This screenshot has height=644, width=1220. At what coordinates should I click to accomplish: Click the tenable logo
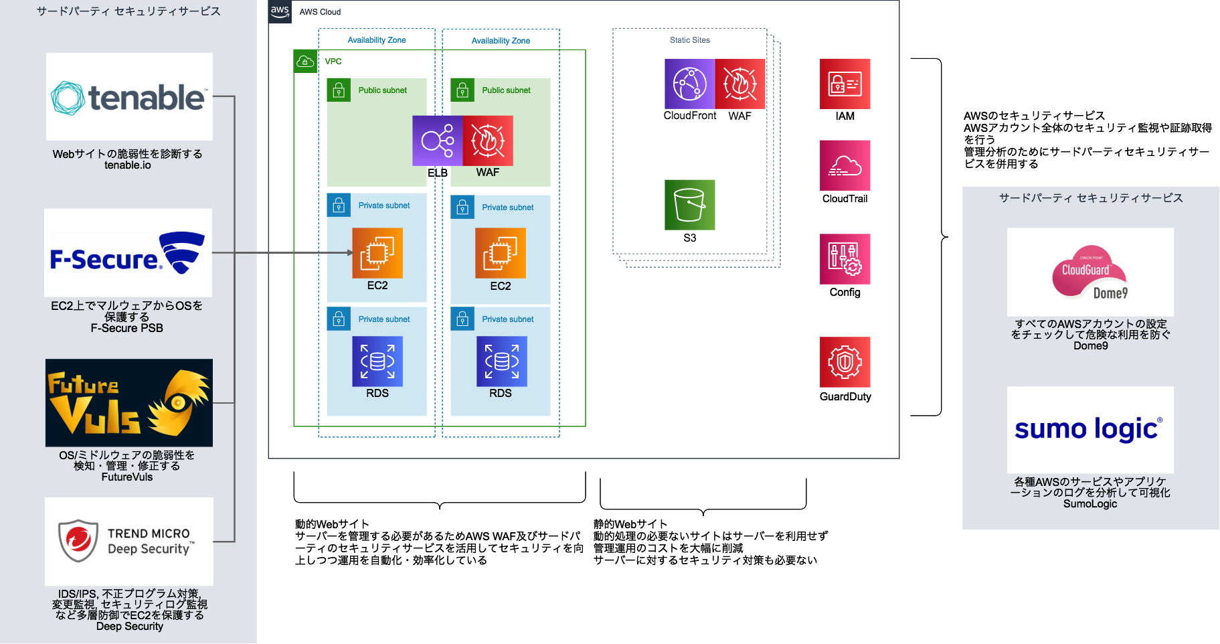pos(129,97)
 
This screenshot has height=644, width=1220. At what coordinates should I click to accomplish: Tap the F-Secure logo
pos(128,253)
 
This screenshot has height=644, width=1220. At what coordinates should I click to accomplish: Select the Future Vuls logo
pos(129,403)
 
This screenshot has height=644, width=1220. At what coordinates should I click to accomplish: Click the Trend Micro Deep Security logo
pos(129,541)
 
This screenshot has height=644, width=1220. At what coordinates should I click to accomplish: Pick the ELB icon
pos(438,141)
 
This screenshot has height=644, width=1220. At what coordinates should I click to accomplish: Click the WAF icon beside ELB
pos(488,141)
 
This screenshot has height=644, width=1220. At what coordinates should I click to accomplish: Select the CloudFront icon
pos(689,84)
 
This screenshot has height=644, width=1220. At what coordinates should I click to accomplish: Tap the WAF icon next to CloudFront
pos(740,84)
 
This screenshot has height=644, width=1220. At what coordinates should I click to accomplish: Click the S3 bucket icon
pos(689,205)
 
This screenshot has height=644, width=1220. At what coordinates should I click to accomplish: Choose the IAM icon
pos(845,84)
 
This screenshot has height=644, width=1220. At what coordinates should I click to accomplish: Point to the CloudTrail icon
pos(845,165)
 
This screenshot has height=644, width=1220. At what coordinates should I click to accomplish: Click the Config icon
pos(845,259)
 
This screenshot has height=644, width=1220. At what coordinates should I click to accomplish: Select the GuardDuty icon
pos(845,362)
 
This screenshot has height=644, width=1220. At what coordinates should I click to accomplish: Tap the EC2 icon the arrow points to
pos(377,253)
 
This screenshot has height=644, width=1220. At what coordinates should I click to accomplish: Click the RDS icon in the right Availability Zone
pos(501,361)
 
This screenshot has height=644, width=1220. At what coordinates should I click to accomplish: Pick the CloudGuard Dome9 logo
pos(1090,272)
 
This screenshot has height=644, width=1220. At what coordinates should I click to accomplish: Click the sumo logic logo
pos(1090,429)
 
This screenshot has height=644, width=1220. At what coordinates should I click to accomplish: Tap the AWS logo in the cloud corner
pos(280,11)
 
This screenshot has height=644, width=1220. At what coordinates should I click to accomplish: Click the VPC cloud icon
pos(305,62)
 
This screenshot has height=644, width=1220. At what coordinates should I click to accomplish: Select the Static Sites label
pos(689,40)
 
